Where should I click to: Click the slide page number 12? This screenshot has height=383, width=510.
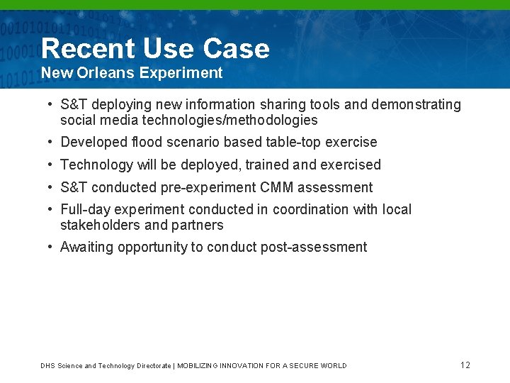click(x=465, y=365)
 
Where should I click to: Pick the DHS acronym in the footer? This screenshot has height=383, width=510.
click(x=47, y=366)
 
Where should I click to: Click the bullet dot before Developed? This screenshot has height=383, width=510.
click(x=51, y=142)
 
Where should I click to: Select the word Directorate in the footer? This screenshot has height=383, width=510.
click(x=153, y=366)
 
